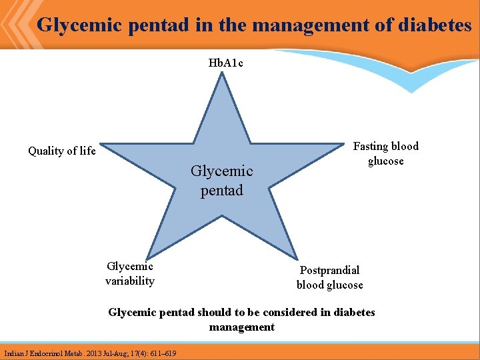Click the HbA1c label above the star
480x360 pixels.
[x=223, y=63]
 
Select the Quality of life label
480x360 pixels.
[x=62, y=151]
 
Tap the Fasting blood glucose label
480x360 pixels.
[x=385, y=153]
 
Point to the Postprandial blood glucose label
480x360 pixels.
[x=329, y=277]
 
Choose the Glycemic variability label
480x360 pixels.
[x=130, y=273]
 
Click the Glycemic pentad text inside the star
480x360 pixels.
[x=221, y=181]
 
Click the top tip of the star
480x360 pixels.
[x=223, y=74]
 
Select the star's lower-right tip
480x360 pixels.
[x=295, y=257]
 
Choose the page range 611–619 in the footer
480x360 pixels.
[x=164, y=353]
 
